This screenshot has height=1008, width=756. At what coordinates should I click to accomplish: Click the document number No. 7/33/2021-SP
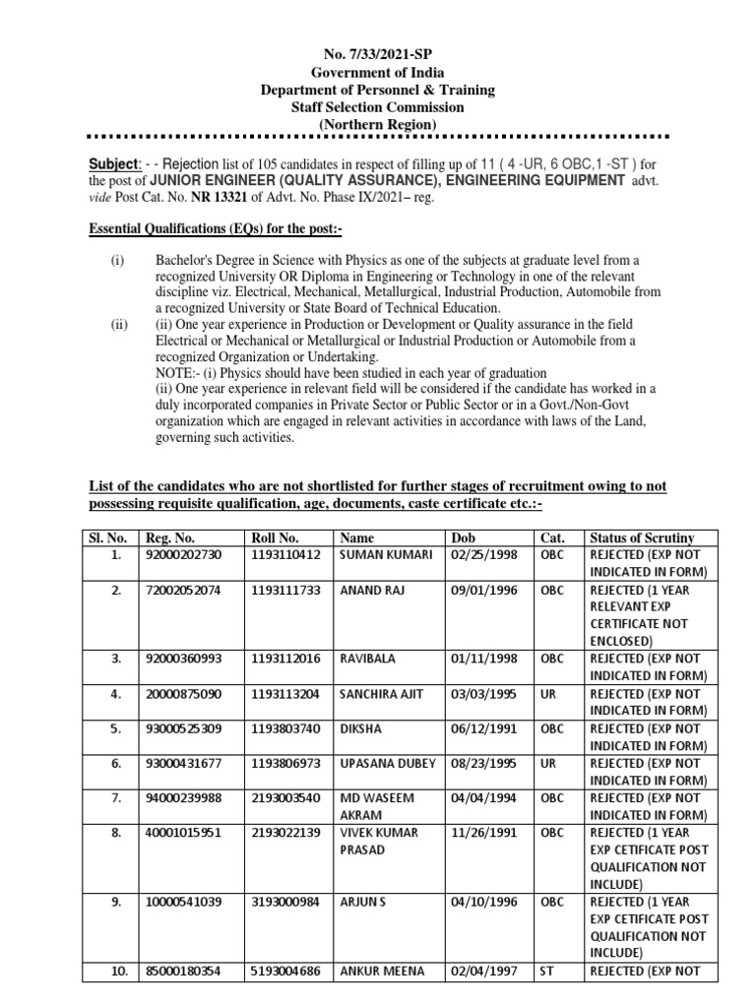tap(377, 55)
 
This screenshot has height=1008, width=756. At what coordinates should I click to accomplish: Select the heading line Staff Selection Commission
tap(377, 106)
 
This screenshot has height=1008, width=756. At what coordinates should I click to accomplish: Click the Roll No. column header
tap(277, 537)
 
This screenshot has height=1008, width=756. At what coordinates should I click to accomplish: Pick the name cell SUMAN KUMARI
tap(385, 555)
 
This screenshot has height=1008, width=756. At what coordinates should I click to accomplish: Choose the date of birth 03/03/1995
tap(478, 694)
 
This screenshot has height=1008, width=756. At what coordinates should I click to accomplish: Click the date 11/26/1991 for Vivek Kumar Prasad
tap(478, 833)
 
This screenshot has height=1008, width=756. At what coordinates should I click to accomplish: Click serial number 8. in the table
tap(116, 833)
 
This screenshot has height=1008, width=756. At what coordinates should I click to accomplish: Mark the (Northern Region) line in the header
tap(377, 123)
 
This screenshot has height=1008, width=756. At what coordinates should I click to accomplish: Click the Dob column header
tap(463, 537)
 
